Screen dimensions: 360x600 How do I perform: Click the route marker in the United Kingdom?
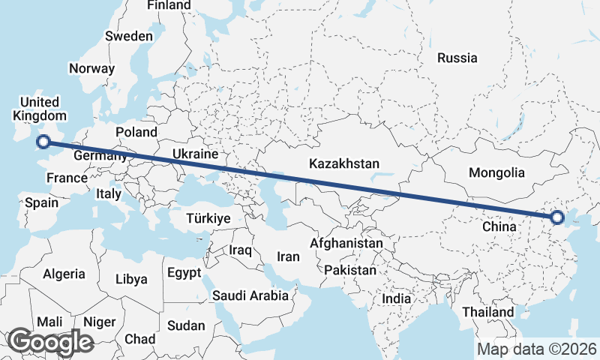pos(43,141)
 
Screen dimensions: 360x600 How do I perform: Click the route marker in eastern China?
pos(556,218)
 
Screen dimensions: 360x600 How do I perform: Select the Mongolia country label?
pos(496,172)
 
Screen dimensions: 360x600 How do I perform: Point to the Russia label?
pos(457,58)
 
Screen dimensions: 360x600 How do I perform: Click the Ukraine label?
pos(195,154)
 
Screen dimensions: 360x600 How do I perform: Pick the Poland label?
pos(136,133)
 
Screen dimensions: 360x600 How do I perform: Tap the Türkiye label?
pos(208,218)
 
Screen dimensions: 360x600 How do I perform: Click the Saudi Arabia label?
pos(250,295)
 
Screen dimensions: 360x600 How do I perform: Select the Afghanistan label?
pos(346,244)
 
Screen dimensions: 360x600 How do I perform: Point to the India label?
pos(397,298)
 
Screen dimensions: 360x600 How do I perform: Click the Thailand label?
pos(488,312)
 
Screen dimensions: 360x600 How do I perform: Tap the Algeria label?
pos(64,274)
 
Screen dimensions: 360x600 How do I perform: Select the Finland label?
pos(169,5)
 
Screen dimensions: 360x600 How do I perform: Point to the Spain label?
pos(41,202)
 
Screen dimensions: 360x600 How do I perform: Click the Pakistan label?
pos(351,270)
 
